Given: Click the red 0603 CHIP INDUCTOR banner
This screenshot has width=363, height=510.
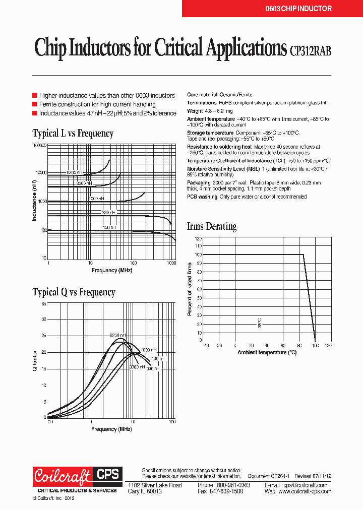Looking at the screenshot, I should [x=298, y=9].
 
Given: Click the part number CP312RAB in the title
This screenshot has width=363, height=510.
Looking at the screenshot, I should [x=311, y=49].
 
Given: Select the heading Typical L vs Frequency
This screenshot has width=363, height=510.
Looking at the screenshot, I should [x=73, y=134].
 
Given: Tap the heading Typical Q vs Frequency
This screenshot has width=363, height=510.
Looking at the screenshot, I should [x=74, y=292].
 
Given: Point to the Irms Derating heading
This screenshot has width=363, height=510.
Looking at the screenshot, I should [x=211, y=226].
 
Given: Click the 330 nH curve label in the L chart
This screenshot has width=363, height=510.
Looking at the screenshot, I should [x=108, y=213].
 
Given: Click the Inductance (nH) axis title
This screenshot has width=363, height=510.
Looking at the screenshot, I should [x=34, y=202].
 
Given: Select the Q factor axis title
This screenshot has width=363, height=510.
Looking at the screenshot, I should [x=35, y=361].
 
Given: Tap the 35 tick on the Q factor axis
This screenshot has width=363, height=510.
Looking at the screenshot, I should [x=43, y=304].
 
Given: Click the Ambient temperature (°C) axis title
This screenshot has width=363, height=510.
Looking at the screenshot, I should [x=267, y=352].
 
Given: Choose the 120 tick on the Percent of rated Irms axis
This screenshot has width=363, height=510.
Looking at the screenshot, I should [x=199, y=238].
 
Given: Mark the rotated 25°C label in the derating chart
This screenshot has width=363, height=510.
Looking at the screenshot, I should [x=260, y=323].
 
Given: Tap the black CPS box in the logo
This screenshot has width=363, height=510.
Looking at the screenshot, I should [x=107, y=474].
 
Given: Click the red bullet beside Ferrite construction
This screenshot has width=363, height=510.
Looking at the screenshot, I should [x=35, y=104].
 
